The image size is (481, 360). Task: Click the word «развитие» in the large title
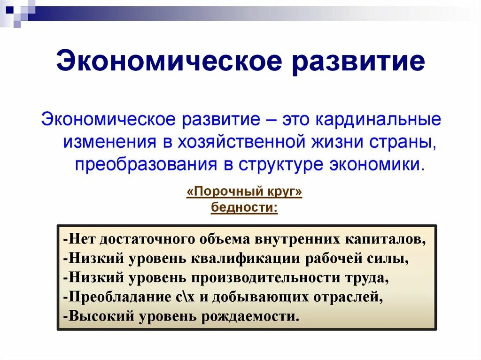coord(358,62)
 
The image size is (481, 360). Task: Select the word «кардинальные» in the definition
coord(378,119)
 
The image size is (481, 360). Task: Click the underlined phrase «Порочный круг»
coord(244,192)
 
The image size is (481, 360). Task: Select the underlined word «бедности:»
coord(244,207)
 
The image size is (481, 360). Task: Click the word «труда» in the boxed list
coord(367,277)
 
